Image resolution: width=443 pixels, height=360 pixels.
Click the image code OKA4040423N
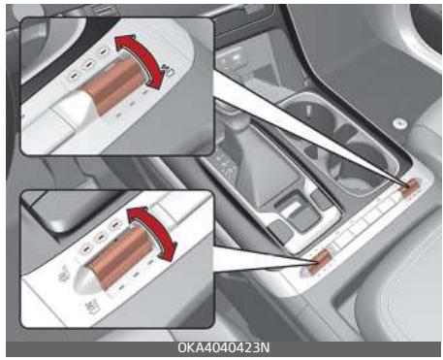[221, 348]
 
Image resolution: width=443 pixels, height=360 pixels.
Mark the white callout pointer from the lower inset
[262, 255]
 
